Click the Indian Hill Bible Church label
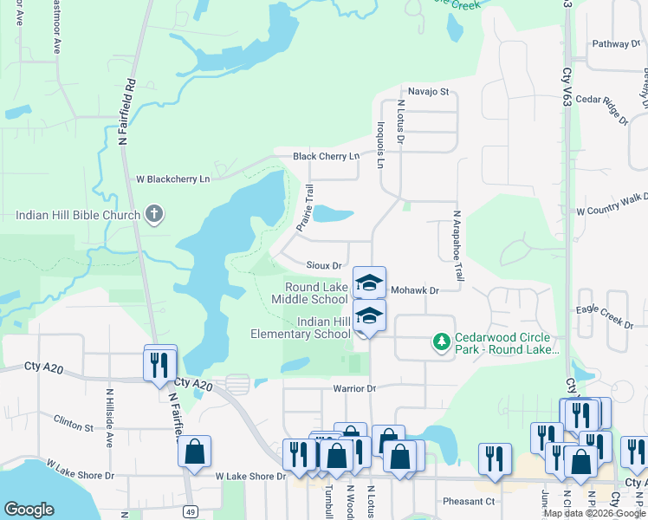tap(78, 215)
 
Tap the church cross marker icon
tap(154, 214)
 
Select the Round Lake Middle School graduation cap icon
tap(369, 282)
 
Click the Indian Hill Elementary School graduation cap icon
tap(369, 316)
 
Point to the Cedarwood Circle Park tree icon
tap(442, 342)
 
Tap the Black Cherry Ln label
tap(326, 156)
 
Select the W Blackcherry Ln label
tap(173, 179)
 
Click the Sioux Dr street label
tap(326, 265)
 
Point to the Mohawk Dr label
tap(416, 291)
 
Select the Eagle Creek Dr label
tap(605, 315)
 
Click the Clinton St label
tap(73, 427)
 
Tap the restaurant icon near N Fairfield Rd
tap(160, 364)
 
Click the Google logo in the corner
tap(29, 510)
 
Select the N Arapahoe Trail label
tap(457, 246)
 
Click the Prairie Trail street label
tap(305, 208)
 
